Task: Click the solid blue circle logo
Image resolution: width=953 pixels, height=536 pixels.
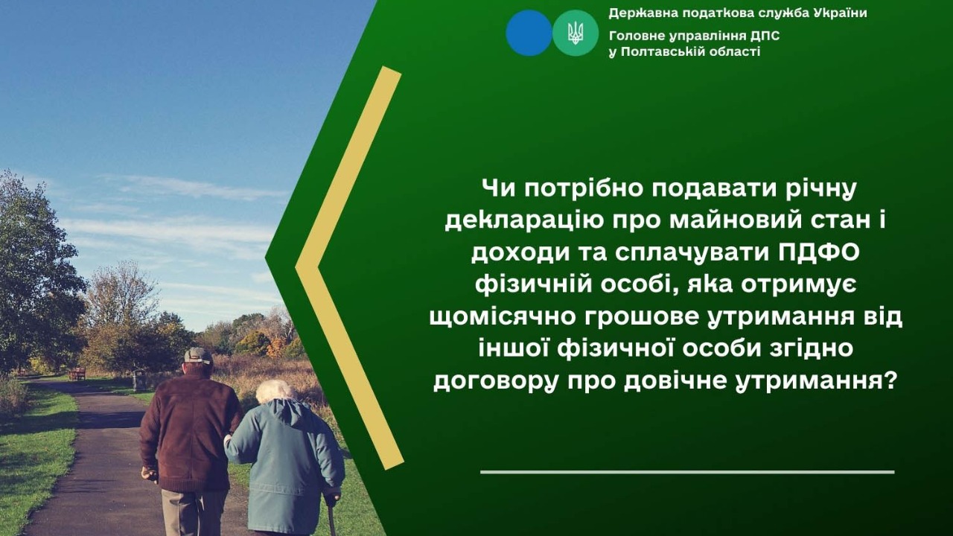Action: point(529,33)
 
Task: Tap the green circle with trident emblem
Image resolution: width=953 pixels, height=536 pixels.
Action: point(576,33)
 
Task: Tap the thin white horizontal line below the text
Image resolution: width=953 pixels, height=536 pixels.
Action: point(686,472)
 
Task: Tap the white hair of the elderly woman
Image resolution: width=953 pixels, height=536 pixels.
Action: point(275,390)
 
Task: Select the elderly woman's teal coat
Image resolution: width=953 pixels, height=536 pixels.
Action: point(287,462)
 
